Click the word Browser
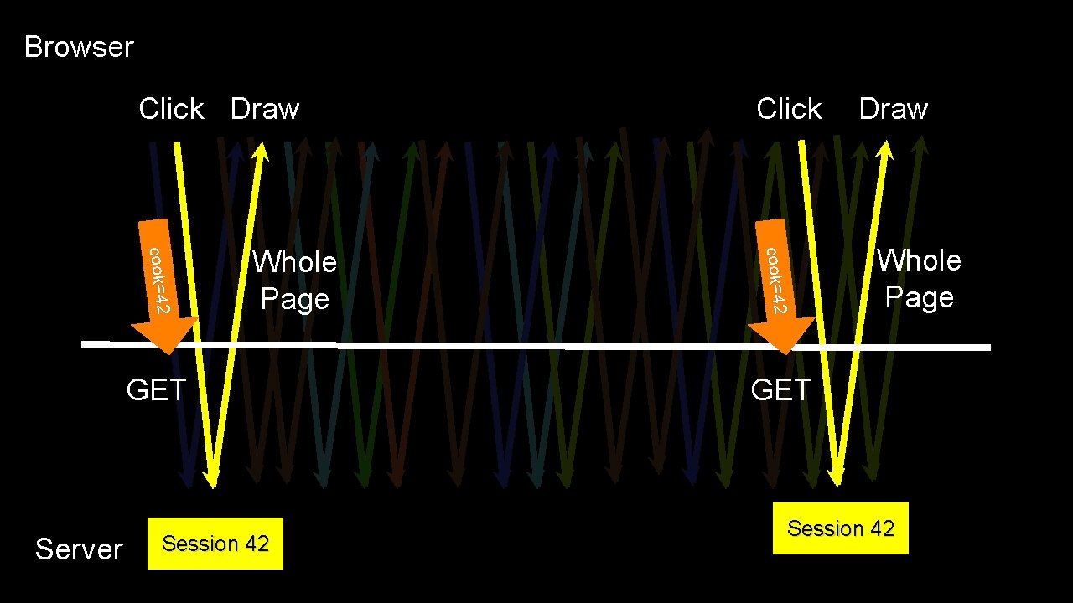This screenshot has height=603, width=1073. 79,47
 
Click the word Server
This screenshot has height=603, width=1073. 79,549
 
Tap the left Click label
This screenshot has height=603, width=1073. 171,109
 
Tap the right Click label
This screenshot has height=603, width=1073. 789,109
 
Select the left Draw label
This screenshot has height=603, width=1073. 265,109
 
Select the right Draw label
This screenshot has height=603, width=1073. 894,109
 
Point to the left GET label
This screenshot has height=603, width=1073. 156,390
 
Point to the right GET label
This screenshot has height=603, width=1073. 781,390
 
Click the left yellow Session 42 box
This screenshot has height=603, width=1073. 215,544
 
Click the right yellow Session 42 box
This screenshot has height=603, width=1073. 841,528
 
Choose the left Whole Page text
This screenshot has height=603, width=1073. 294,281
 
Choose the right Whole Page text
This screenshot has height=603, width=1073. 919,279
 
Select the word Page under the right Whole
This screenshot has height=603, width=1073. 919,298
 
